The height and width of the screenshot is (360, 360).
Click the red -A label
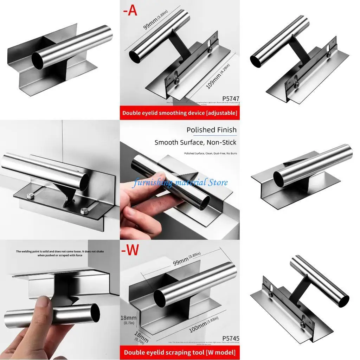(x=130, y=11)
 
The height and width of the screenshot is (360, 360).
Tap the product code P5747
(x=230, y=99)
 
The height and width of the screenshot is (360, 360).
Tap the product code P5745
(x=230, y=338)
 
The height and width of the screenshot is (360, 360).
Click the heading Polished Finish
(x=211, y=130)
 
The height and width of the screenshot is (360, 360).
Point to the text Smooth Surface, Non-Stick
(x=195, y=142)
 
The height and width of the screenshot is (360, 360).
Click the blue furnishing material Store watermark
(x=180, y=182)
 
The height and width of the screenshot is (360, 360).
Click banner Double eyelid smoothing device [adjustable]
(x=180, y=113)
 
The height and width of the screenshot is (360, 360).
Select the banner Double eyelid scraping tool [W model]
(x=180, y=352)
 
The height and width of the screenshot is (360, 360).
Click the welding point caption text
(x=60, y=253)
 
